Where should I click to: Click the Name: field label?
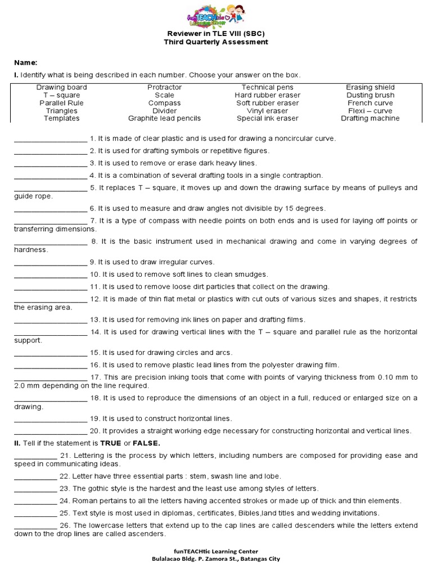pos(25,63)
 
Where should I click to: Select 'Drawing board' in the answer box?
pos(62,87)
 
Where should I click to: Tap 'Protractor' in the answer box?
pos(164,87)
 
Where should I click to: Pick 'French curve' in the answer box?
pos(370,103)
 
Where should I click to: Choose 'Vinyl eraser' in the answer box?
pos(268,111)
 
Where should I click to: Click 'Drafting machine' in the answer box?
pos(370,119)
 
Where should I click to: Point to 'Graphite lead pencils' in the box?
pos(164,119)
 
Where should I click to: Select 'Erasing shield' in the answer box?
pos(370,87)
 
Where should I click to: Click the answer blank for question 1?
pos(50,139)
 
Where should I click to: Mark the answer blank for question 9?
pos(50,262)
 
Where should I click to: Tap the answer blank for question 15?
pos(50,353)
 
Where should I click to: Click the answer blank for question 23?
pos(35,488)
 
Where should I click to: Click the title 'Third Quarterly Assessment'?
pos(216,42)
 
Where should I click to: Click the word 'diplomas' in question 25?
pos(164,513)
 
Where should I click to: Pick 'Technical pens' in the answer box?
pos(268,87)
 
